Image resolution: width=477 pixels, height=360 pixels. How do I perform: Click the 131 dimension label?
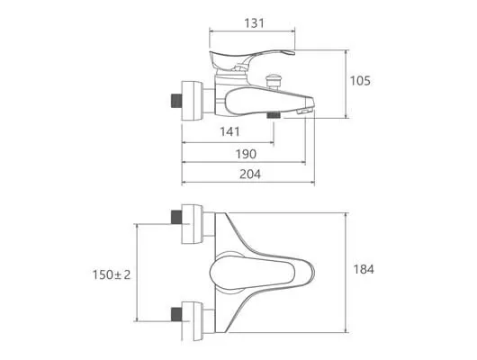pos(255,23)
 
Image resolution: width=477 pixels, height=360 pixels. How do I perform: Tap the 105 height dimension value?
pos(360,81)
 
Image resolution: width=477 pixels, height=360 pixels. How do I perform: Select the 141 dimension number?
pos(229,131)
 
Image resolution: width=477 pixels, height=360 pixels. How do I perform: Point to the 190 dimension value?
pos(246,154)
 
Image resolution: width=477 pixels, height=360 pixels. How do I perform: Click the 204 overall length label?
pos(250,174)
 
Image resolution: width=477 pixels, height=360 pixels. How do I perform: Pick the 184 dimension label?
pos(364,269)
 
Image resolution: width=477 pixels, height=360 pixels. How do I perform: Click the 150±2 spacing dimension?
pos(112,274)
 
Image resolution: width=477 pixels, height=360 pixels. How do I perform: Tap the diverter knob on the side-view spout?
pos(273,81)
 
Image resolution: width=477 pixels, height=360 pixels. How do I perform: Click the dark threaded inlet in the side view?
pos(176,101)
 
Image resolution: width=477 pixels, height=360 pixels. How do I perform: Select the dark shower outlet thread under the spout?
pos(274,115)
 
